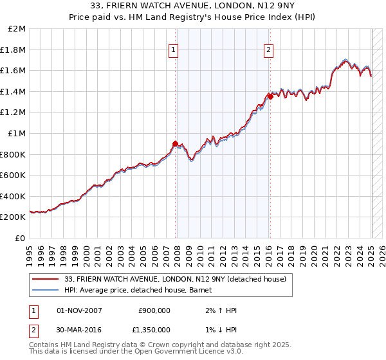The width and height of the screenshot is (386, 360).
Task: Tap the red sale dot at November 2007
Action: click(175, 143)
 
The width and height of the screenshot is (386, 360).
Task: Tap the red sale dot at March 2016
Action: click(270, 96)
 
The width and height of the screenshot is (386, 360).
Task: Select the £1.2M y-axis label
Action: click(14, 113)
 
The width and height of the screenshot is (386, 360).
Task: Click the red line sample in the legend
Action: click(45, 279)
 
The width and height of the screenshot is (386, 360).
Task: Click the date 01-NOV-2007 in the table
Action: click(79, 310)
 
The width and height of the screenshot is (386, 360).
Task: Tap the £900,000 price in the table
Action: click(154, 310)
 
